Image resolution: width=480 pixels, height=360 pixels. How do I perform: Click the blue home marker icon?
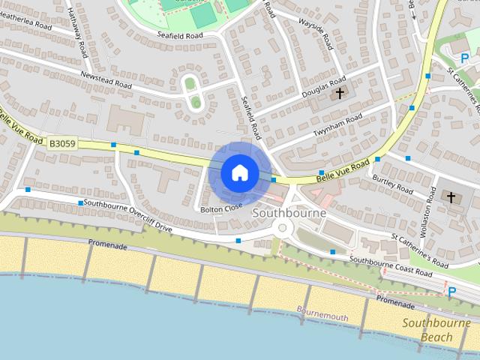(238, 172)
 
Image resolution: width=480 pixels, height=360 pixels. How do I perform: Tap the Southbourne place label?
(289, 213)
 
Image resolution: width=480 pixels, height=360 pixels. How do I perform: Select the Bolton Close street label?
(222, 209)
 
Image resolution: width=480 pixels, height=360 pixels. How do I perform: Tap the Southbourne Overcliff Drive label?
(128, 214)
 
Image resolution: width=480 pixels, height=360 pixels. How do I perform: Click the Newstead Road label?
(106, 82)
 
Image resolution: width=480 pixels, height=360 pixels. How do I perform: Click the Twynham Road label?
(337, 126)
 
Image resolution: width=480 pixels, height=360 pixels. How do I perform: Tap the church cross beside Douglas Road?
(340, 93)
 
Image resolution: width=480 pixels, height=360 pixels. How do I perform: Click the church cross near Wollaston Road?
(451, 198)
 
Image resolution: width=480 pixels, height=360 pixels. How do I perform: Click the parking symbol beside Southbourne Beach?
(451, 292)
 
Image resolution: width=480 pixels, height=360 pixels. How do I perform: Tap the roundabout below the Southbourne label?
(283, 229)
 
